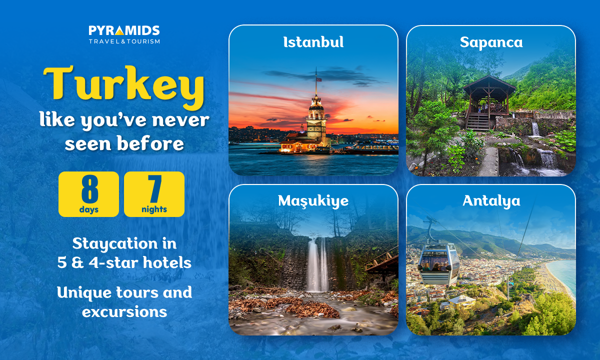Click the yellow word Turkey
point(124,87)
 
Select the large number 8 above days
point(89,189)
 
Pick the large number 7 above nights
point(155,189)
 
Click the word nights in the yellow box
point(154,209)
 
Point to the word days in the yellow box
point(89,209)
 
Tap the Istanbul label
point(313,42)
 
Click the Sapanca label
point(491,43)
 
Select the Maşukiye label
point(313,201)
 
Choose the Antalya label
point(491,201)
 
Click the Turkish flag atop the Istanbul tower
point(319,79)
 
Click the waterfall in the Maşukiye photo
point(317,264)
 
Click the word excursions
point(124,312)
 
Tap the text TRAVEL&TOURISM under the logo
point(124,41)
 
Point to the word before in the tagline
point(150,143)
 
